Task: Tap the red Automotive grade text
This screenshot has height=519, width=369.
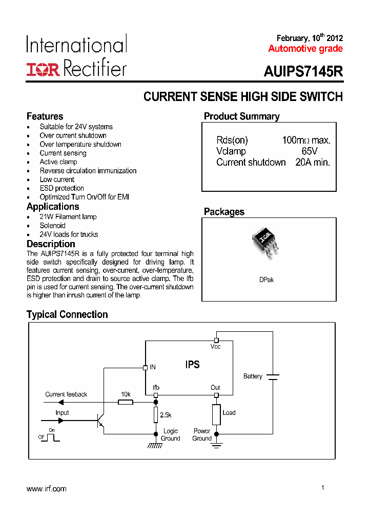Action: [305, 49]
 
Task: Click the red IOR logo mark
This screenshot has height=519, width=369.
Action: [43, 70]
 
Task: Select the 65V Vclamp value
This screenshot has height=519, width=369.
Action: [310, 151]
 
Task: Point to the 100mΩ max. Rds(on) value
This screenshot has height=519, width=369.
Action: [306, 141]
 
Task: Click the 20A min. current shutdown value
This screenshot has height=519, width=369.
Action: [313, 163]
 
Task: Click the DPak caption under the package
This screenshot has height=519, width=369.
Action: [266, 280]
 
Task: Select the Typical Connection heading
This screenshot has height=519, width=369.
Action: [67, 314]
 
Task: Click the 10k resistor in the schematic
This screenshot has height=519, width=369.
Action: [126, 402]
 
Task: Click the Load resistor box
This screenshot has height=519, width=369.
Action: [216, 414]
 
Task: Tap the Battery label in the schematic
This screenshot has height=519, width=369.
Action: [253, 376]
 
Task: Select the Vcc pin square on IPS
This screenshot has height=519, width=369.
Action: [216, 340]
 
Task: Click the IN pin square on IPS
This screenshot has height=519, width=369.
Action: [145, 367]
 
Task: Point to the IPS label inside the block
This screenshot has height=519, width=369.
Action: [193, 365]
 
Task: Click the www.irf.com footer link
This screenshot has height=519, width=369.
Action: [47, 489]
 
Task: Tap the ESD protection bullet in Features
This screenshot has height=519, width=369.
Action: [61, 188]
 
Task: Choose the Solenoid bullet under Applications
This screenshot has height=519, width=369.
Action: [53, 226]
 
